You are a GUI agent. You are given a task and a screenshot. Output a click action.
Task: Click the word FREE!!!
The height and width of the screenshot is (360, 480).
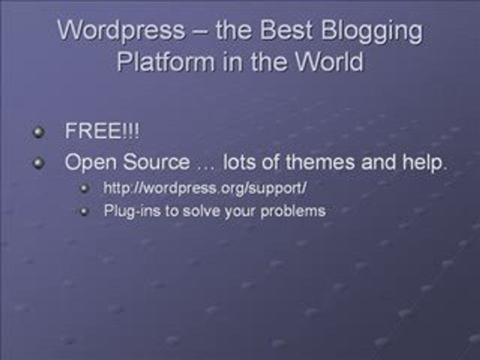[x=102, y=132]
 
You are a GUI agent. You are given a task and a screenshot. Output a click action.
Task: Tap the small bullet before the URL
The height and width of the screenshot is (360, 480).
[x=84, y=188]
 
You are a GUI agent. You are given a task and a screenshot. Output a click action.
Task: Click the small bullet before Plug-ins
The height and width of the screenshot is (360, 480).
[x=84, y=211]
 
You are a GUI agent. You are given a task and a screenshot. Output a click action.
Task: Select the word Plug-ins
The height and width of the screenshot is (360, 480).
[x=132, y=211]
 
